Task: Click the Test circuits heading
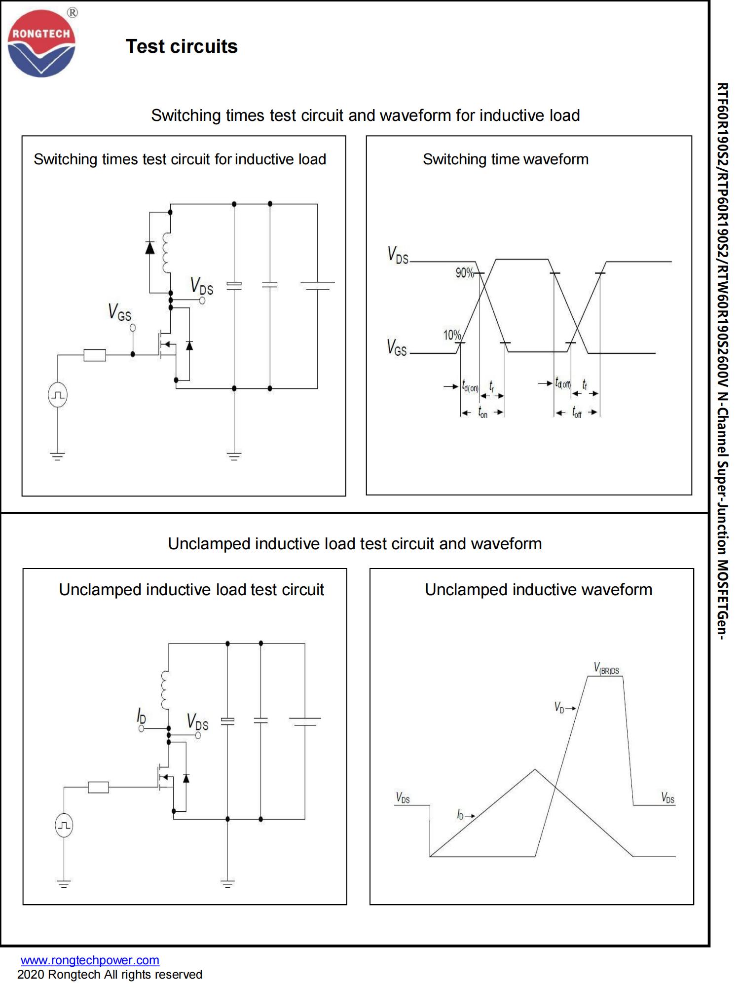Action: (x=182, y=46)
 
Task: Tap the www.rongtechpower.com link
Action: (x=90, y=960)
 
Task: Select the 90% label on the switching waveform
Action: (x=464, y=272)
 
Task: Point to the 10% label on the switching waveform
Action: (x=452, y=336)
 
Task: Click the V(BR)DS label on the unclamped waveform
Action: (x=606, y=669)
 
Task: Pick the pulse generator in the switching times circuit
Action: (x=58, y=395)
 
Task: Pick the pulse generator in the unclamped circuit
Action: (x=64, y=825)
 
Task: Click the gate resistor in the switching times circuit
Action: (x=95, y=355)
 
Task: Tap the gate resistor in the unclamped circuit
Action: (x=98, y=787)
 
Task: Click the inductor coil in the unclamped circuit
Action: (x=165, y=690)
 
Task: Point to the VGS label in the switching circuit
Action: (x=119, y=312)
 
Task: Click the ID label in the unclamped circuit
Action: (x=141, y=716)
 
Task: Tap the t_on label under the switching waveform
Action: (x=482, y=413)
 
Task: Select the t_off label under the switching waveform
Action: (x=577, y=412)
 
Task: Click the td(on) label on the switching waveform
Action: (x=470, y=386)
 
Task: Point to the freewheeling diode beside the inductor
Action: (x=150, y=248)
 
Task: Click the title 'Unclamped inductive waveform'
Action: (x=538, y=590)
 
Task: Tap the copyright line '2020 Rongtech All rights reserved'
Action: (x=110, y=975)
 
